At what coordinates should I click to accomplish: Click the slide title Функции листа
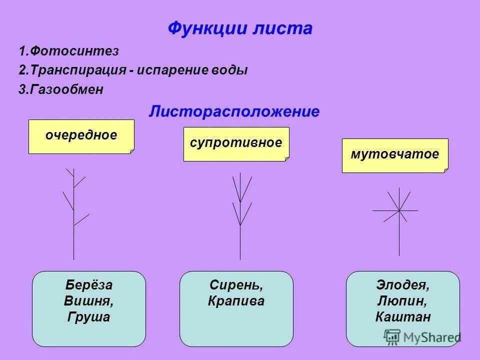pyautogui.click(x=240, y=28)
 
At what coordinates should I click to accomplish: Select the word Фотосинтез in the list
pyautogui.click(x=74, y=51)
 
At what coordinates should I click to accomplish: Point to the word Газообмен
pyautogui.click(x=67, y=89)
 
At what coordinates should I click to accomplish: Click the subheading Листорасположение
pyautogui.click(x=234, y=111)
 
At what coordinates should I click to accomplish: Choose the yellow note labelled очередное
pyautogui.click(x=81, y=135)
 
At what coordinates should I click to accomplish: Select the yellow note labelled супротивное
pyautogui.click(x=236, y=143)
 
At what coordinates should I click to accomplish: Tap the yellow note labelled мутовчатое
pyautogui.click(x=394, y=154)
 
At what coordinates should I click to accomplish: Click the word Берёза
pyautogui.click(x=88, y=285)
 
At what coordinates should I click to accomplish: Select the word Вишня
pyautogui.click(x=88, y=301)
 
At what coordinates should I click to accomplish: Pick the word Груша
pyautogui.click(x=88, y=317)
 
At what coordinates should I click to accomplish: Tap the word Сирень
pyautogui.click(x=236, y=285)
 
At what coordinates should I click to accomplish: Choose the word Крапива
pyautogui.click(x=236, y=301)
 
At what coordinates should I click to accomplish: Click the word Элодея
pyautogui.click(x=402, y=285)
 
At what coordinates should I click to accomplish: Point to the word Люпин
pyautogui.click(x=402, y=301)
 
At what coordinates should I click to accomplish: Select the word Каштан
pyautogui.click(x=402, y=317)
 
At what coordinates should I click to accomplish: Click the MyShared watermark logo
pyautogui.click(x=422, y=337)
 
